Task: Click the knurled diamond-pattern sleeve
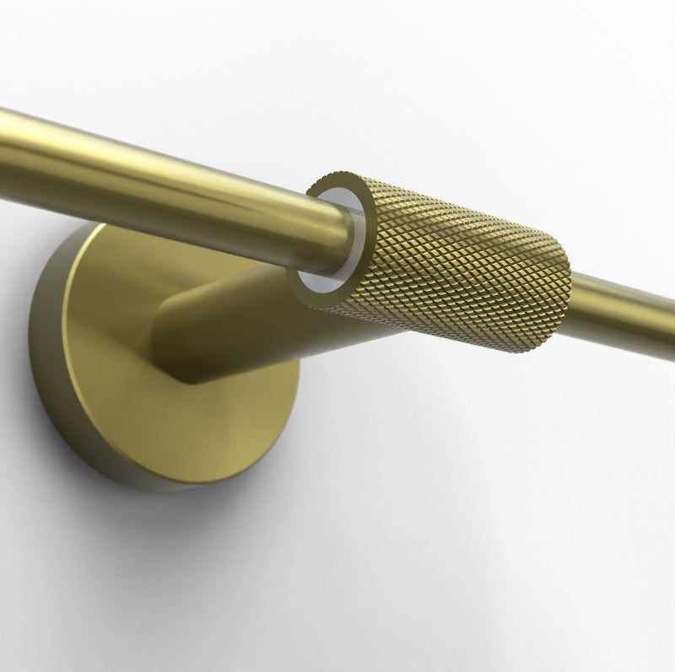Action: (x=456, y=261)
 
